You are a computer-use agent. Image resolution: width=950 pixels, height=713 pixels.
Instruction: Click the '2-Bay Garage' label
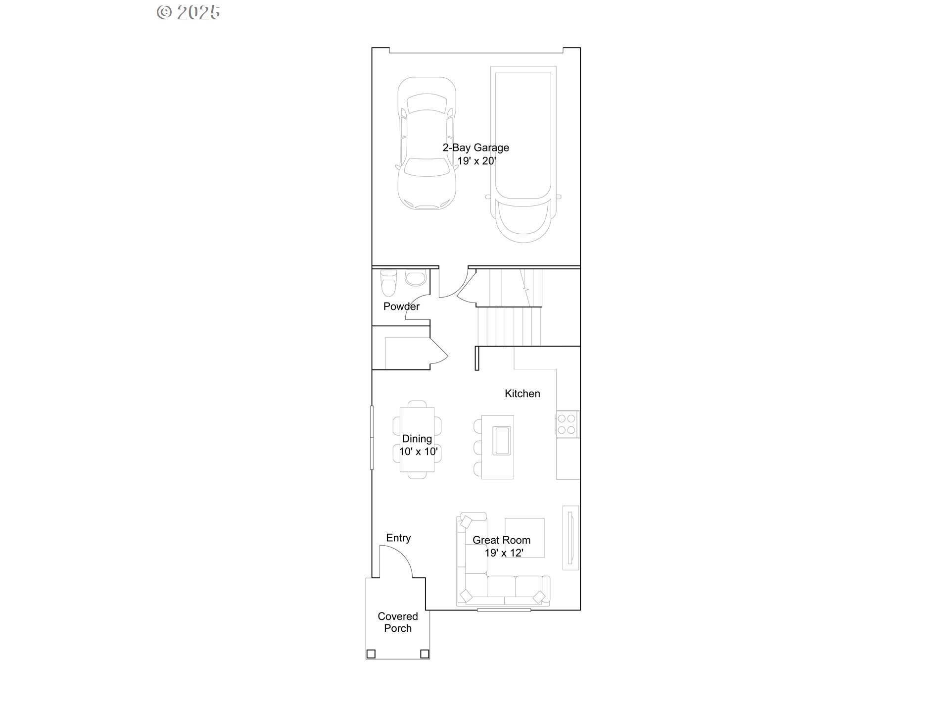click(x=475, y=148)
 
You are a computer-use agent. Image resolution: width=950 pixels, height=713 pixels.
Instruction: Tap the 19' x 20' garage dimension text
click(x=476, y=161)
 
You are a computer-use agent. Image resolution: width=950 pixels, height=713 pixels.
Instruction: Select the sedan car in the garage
click(x=427, y=144)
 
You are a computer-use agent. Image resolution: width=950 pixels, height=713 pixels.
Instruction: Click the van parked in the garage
click(x=523, y=153)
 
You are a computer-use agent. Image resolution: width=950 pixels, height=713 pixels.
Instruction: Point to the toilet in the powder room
click(x=388, y=284)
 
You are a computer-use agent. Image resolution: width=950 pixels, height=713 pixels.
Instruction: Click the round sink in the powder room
click(x=416, y=278)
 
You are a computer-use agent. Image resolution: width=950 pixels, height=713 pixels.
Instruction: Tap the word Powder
click(x=401, y=306)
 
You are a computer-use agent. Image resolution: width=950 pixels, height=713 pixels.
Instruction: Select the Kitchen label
click(x=522, y=394)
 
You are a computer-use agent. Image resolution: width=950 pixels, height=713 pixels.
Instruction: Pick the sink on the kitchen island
click(x=502, y=440)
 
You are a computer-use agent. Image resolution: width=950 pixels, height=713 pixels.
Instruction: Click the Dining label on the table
click(x=417, y=439)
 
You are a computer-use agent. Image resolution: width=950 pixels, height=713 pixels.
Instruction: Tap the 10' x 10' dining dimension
click(x=418, y=452)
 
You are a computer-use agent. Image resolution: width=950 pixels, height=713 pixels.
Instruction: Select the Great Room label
click(x=501, y=540)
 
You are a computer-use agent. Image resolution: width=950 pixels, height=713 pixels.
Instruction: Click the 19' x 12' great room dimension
click(x=504, y=553)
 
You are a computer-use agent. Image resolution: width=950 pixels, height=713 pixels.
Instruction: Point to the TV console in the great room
click(x=570, y=538)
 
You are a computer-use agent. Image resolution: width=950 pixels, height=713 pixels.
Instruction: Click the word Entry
click(x=398, y=538)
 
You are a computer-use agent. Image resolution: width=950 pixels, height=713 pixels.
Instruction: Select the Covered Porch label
click(x=398, y=622)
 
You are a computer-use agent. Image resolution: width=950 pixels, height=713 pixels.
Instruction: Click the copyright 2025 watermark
click(x=189, y=12)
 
